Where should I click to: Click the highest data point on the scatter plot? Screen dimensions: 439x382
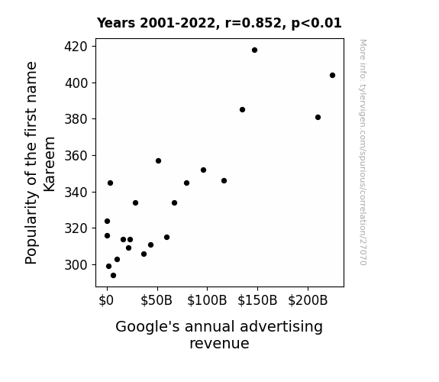click(254, 50)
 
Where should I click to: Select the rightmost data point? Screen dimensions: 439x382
click(332, 75)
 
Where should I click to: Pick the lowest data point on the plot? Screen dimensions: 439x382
click(113, 276)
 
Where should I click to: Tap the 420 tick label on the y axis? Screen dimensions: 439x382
click(76, 47)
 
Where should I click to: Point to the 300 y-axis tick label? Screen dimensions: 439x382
click(76, 265)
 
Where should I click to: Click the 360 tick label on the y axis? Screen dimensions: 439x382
click(76, 156)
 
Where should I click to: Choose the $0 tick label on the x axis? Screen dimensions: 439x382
click(106, 300)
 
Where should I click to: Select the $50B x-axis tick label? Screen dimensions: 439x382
click(157, 300)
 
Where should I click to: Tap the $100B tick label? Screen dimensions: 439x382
click(207, 300)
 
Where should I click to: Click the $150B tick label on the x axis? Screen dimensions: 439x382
click(257, 300)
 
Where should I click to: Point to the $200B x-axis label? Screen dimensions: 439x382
click(308, 300)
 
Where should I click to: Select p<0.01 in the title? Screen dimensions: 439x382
click(316, 24)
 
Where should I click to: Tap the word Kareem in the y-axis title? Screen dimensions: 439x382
click(50, 164)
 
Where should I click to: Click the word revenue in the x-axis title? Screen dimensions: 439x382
click(219, 344)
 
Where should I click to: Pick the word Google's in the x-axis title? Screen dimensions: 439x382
click(147, 327)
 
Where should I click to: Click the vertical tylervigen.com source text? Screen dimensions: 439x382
click(363, 152)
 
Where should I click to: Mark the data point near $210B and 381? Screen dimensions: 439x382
click(318, 117)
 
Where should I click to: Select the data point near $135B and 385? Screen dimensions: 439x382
click(243, 109)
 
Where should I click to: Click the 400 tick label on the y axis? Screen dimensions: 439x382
click(76, 83)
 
